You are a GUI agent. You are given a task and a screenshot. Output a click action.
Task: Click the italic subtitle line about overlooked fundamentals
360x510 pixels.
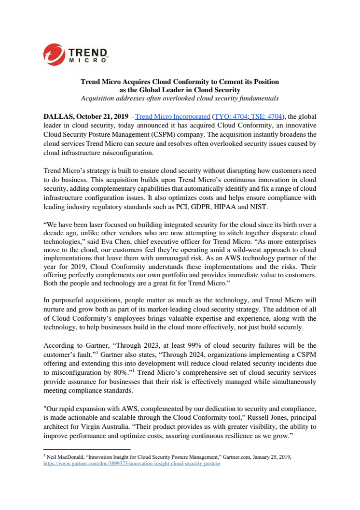point(180,98)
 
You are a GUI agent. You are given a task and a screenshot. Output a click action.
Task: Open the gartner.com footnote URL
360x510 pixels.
point(132,463)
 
